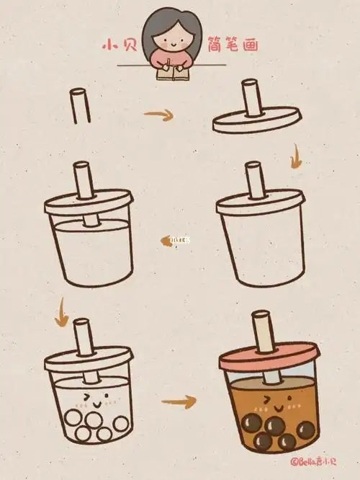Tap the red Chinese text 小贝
click(115, 45)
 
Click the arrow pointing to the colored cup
click(179, 400)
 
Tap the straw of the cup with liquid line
click(83, 180)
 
